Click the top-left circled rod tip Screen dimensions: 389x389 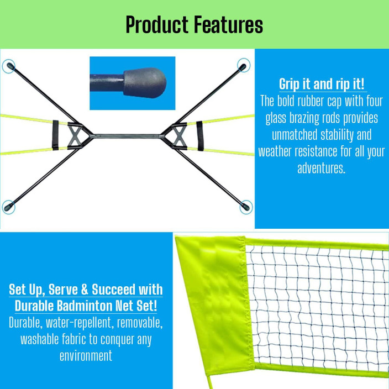(x=9, y=67)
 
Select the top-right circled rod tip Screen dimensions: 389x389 (x=243, y=66)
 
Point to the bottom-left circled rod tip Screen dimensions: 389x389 (x=9, y=207)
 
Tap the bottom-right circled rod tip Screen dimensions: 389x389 (x=244, y=207)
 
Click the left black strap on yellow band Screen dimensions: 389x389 (x=54, y=133)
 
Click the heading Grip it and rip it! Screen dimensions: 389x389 (x=323, y=85)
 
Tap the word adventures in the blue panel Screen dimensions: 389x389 (x=321, y=169)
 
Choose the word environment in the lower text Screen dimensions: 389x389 (x=86, y=355)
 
